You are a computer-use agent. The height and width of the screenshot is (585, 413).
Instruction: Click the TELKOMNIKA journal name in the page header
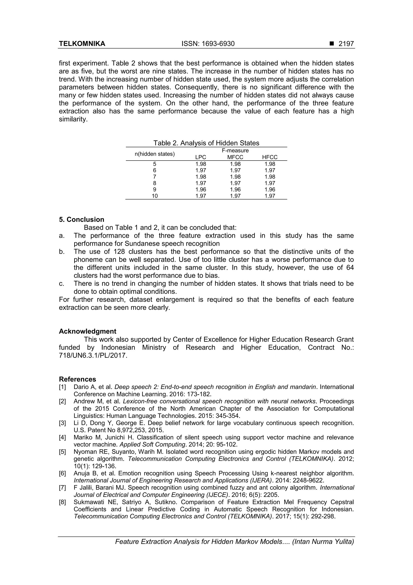click(82, 44)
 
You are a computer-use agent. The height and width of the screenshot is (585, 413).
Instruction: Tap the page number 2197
click(346, 44)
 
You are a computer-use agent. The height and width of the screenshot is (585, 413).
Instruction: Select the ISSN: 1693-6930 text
click(208, 44)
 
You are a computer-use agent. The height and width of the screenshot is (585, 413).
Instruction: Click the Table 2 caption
click(206, 143)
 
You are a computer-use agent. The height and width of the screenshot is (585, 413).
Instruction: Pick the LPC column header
click(200, 157)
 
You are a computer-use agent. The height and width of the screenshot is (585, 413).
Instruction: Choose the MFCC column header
click(235, 157)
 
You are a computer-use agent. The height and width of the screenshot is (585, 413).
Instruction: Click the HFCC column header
click(270, 157)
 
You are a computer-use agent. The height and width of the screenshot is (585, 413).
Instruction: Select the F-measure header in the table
click(235, 151)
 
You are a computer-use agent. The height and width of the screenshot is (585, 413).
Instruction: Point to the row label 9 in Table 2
click(155, 190)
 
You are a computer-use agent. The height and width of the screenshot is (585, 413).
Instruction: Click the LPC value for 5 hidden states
click(200, 164)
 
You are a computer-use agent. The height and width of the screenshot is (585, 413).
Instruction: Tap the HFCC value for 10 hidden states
click(270, 196)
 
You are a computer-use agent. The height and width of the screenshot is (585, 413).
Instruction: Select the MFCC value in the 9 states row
click(235, 190)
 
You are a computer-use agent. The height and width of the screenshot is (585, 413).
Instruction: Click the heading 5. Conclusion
click(81, 220)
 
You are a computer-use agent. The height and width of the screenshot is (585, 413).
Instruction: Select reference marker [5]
click(62, 452)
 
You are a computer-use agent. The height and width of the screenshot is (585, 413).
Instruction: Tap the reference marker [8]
click(62, 502)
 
